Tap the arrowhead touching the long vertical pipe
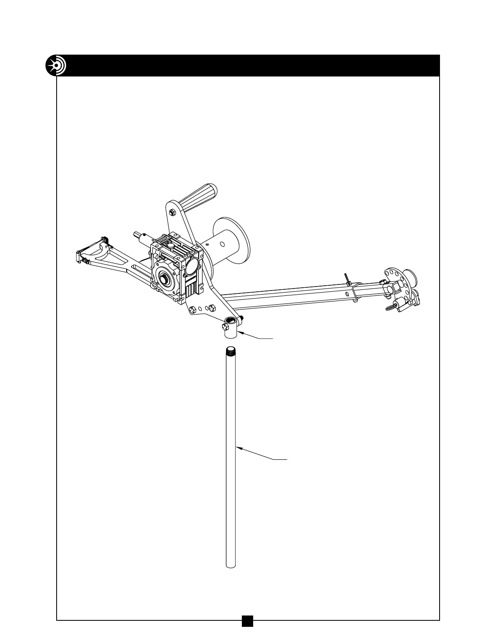coord(238,447)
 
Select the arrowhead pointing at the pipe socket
coord(239,332)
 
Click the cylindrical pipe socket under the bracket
coord(229,331)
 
